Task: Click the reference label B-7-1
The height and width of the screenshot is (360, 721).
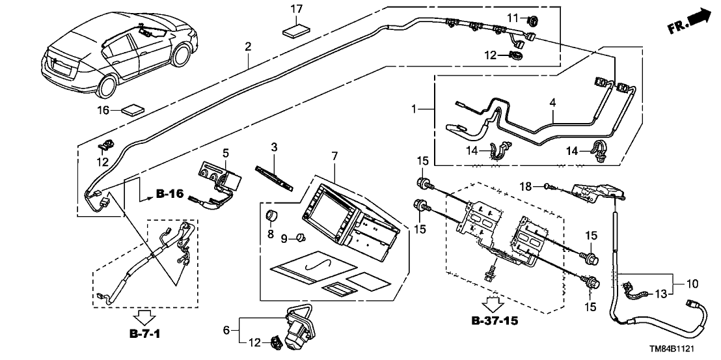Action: click(x=143, y=335)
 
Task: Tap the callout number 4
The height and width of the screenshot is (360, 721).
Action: click(x=552, y=102)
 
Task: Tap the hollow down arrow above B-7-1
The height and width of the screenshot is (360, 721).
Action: click(x=143, y=318)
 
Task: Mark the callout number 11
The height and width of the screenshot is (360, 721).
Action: click(x=512, y=17)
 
